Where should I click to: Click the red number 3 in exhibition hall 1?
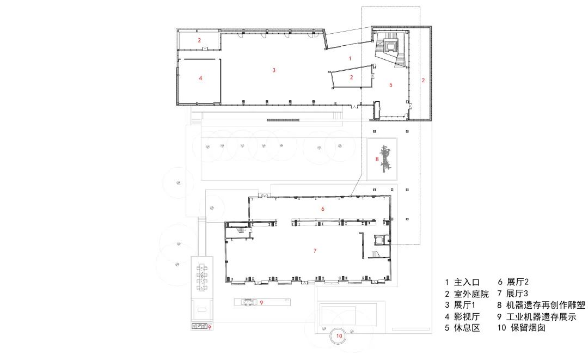(x=274, y=70)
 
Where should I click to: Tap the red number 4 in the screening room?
(x=200, y=78)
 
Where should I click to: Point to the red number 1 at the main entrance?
(x=350, y=58)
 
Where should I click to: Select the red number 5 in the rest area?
(x=391, y=85)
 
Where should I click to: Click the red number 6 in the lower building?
(x=322, y=209)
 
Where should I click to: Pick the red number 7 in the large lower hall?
(x=315, y=251)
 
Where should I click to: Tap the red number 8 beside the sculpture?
(x=377, y=159)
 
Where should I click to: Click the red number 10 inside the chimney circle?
(x=339, y=336)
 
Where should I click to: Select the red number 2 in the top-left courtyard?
(x=199, y=40)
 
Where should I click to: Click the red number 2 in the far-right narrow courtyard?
(x=424, y=80)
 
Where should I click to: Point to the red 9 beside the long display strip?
(x=262, y=302)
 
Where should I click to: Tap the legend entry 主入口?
(x=467, y=282)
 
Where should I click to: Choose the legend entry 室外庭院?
(x=471, y=294)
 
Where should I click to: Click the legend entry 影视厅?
(x=467, y=316)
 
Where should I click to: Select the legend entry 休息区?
(x=467, y=328)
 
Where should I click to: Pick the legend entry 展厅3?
(x=517, y=294)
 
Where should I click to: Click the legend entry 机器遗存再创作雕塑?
(x=546, y=305)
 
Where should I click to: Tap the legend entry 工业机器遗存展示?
(x=541, y=317)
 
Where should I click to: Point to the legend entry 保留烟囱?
(x=528, y=328)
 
